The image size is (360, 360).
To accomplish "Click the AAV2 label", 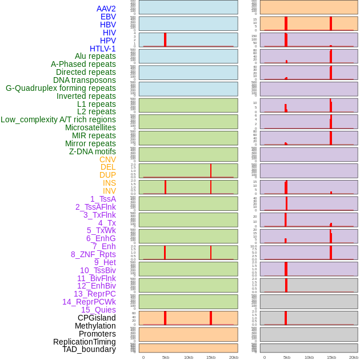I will (x=106, y=9).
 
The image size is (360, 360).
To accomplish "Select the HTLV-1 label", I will (x=103, y=49).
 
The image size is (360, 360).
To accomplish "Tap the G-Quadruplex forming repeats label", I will (x=61, y=88).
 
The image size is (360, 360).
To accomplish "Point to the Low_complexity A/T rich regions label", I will (x=58, y=119).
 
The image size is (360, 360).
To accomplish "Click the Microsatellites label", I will (x=90, y=127).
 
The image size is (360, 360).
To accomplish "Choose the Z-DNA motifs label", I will (x=93, y=151).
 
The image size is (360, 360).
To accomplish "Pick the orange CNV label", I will (x=107, y=159).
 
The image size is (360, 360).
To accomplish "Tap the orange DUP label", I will (x=107, y=175).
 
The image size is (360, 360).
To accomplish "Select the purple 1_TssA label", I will (x=103, y=199).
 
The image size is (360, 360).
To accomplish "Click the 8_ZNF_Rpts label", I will (x=93, y=254).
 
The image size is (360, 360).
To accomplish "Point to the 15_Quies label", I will (x=98, y=310).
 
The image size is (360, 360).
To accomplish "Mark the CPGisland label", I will (x=97, y=318).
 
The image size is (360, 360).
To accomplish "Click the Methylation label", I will (x=95, y=326).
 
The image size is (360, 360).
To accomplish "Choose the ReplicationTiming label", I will (x=85, y=342).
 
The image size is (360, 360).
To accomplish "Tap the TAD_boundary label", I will (x=89, y=349).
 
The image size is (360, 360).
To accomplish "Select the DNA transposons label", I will (x=85, y=80).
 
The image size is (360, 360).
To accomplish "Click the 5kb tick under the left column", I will (x=166, y=357).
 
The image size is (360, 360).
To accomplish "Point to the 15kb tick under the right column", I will (x=331, y=357).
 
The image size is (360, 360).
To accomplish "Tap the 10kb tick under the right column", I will (x=309, y=357).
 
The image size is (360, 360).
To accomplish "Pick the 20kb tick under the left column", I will (x=233, y=357).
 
